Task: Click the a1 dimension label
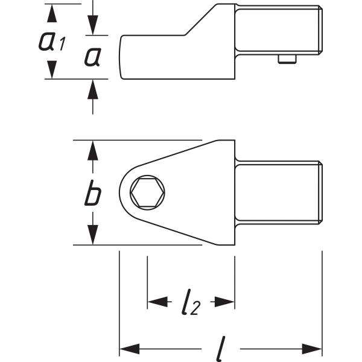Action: (x=51, y=40)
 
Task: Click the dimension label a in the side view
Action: (x=92, y=57)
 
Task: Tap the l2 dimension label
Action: (x=190, y=302)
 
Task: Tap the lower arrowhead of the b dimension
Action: (x=91, y=235)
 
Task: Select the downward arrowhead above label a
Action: (x=92, y=27)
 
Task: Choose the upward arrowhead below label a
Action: (x=92, y=89)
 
